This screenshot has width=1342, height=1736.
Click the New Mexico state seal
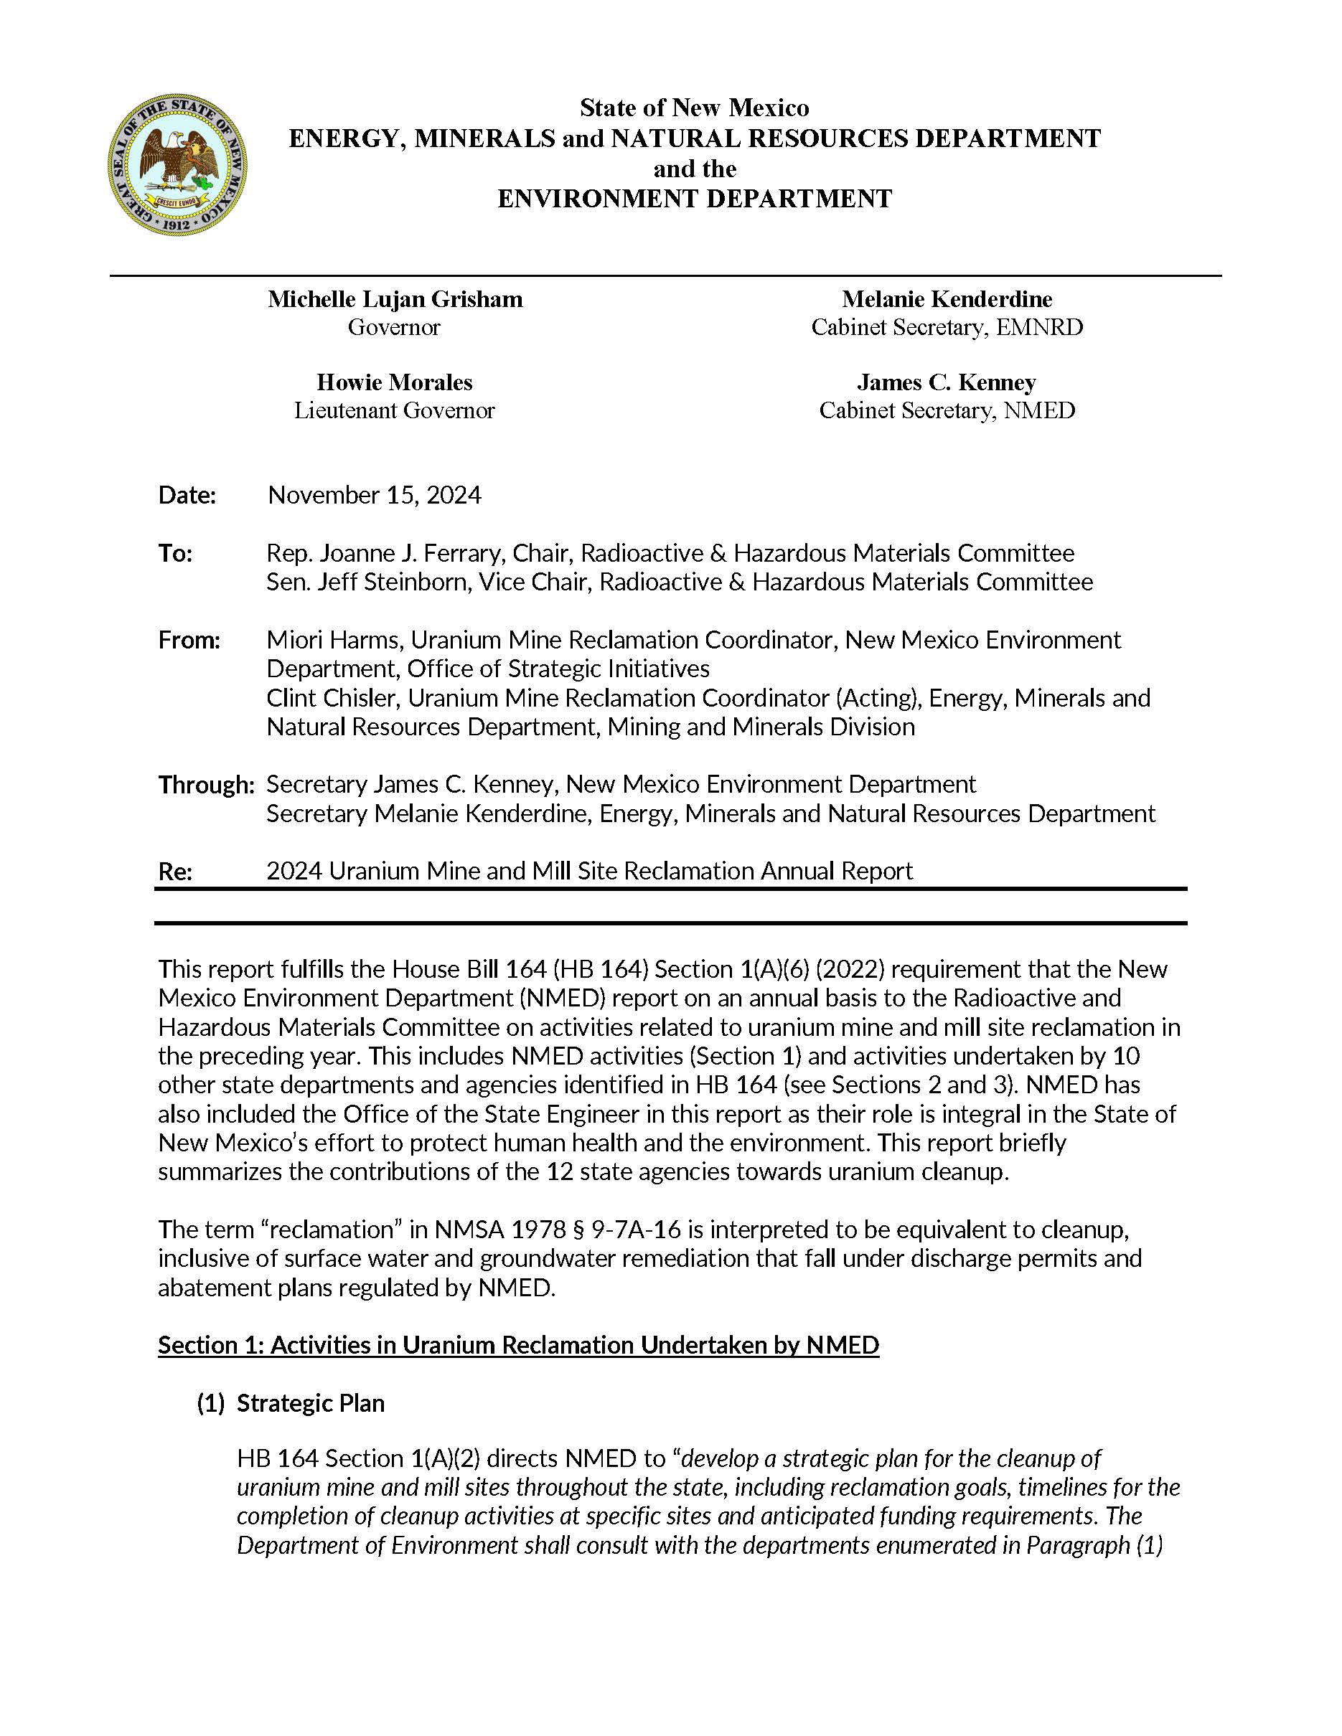pos(177,164)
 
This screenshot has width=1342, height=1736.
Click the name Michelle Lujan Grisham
pos(395,299)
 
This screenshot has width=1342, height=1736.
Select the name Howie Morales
pos(394,382)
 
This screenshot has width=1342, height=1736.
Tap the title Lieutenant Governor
pos(394,410)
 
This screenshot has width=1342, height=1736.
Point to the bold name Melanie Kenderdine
pos(947,299)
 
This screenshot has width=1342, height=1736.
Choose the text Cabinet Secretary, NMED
pos(947,410)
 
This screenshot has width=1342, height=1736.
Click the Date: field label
pos(187,495)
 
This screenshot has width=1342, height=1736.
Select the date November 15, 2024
pos(375,495)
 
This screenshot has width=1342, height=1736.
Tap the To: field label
pos(175,553)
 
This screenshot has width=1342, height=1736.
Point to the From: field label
pos(189,640)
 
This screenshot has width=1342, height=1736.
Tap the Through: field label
pos(206,785)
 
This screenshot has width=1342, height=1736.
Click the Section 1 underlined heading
pos(518,1345)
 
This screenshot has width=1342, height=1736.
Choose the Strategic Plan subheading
pos(310,1403)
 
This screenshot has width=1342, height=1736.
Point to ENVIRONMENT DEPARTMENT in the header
pos(695,198)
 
